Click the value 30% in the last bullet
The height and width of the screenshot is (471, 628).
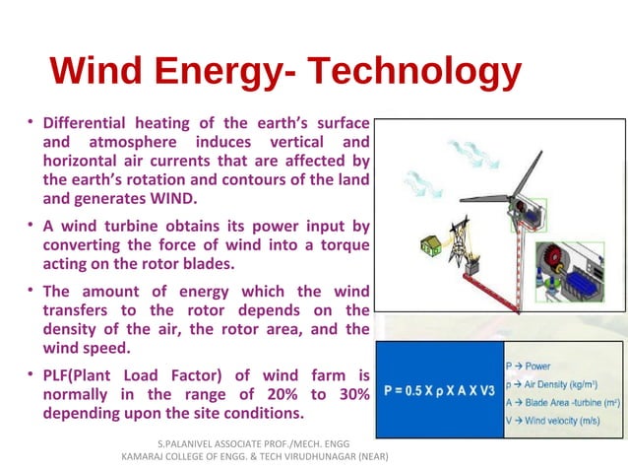coord(349,394)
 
